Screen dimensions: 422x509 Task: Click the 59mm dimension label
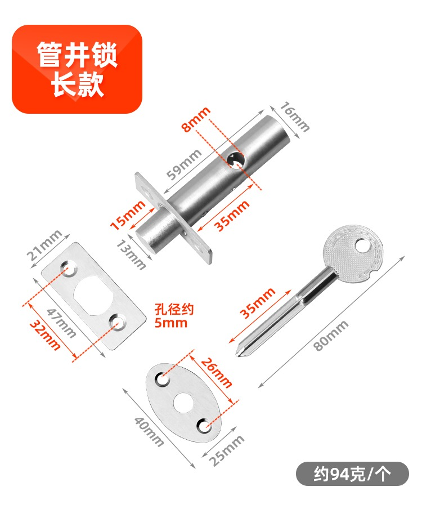coord(184,164)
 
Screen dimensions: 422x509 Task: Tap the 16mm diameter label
coord(294,117)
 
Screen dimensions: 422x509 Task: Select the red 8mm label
coord(196,119)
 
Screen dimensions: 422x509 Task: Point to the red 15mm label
coord(128,215)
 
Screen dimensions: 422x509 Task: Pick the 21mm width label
coord(44,245)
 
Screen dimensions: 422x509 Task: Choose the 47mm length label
coord(61,323)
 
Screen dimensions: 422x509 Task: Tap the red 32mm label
coord(45,336)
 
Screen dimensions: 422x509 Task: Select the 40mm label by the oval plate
coord(149,432)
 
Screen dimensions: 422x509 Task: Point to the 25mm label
coord(226,450)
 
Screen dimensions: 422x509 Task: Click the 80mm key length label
coord(331,336)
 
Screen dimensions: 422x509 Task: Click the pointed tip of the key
coord(237,356)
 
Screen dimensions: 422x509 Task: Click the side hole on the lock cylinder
coord(236,159)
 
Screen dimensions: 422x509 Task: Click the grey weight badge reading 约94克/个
coord(353,474)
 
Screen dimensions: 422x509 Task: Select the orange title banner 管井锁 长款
coord(77,69)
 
